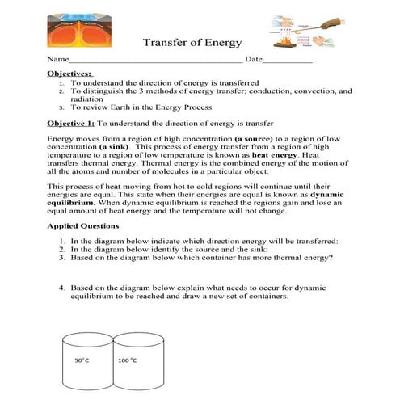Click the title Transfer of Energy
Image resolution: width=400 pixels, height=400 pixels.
pyautogui.click(x=192, y=43)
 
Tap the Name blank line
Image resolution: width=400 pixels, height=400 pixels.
pyautogui.click(x=154, y=61)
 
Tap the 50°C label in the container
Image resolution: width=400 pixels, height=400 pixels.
pyautogui.click(x=82, y=360)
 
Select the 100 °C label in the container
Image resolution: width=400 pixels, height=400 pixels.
pyautogui.click(x=127, y=360)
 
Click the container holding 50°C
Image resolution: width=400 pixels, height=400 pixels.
pyautogui.click(x=86, y=364)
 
